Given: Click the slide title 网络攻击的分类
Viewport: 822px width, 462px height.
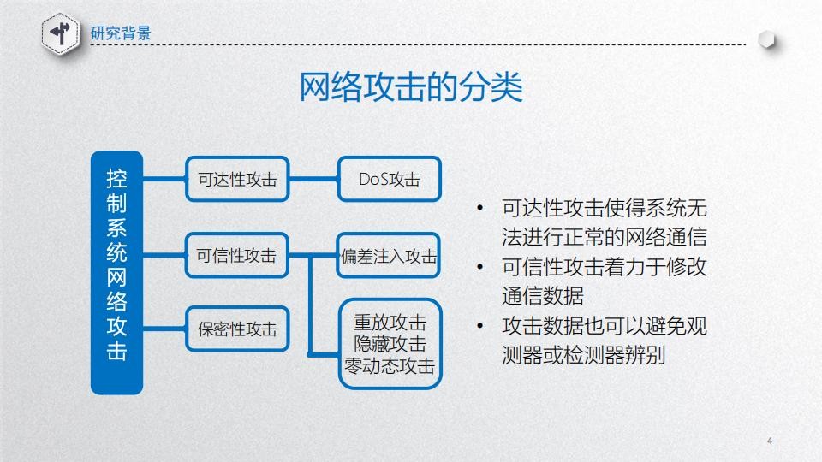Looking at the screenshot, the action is pos(410,86).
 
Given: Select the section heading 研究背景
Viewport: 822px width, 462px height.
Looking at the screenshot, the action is pos(121,33).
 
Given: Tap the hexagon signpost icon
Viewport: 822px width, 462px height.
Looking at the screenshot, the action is pos(61,34).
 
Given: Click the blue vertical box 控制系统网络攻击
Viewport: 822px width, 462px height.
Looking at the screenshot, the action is pos(117,272).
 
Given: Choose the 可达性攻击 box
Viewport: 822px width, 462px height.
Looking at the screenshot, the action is pos(237,179).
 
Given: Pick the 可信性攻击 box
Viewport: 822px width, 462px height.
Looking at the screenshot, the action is pos(237,255).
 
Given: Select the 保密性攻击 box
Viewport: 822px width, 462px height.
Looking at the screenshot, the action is pos(237,329).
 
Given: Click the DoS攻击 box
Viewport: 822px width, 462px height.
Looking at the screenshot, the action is pos(390,179).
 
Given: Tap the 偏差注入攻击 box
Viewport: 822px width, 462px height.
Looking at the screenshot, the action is pos(389,256).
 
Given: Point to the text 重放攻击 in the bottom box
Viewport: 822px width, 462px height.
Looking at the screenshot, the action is pos(390,322).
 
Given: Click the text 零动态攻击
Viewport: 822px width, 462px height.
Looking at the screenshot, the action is pos(390,366).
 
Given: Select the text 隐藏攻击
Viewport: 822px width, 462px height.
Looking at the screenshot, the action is pos(390,344).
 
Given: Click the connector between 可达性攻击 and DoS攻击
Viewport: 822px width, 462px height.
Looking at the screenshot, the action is pos(313,179).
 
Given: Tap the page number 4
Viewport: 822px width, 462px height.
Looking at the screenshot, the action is pos(770,441).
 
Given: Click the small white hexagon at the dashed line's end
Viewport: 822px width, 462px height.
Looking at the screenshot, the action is pos(766,40).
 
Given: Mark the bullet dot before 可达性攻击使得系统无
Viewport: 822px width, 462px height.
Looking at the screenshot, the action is pos(479,209).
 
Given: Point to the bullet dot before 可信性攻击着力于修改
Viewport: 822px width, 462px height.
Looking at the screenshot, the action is pos(479,267).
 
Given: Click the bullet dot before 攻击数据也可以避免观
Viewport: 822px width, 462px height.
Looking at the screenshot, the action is pos(479,326).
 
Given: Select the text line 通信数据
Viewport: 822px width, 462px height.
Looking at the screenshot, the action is pos(543,296).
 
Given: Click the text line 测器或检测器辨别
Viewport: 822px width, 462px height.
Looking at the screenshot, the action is pos(583,355).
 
